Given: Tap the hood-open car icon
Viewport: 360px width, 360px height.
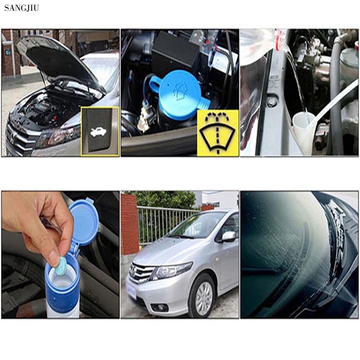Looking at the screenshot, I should coord(99,132).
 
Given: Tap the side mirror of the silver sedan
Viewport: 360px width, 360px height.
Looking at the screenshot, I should coord(229,236).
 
